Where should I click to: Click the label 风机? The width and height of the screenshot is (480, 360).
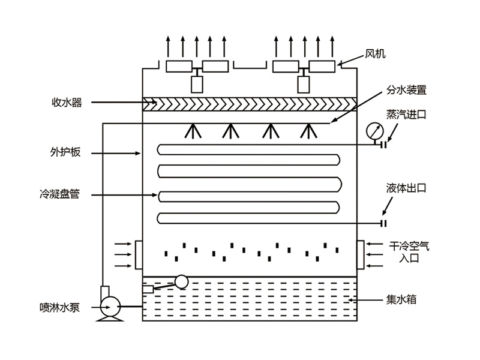point(375,54)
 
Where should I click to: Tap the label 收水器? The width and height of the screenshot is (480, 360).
point(67,103)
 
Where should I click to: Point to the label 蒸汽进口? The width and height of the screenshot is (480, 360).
point(406,115)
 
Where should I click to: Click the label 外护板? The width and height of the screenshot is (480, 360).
point(67,152)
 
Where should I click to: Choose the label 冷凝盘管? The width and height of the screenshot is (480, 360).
point(67,194)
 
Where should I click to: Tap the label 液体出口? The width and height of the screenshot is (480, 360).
point(406,188)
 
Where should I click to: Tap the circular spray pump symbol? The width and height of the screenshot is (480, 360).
point(109,307)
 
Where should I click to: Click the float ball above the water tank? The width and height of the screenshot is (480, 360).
point(180,281)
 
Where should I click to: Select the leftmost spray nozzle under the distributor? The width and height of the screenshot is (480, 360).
point(193,130)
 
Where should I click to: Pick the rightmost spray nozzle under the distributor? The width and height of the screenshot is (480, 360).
point(308,130)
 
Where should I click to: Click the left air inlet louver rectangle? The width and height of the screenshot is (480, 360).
point(139,254)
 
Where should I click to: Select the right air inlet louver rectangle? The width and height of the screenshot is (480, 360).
point(361,254)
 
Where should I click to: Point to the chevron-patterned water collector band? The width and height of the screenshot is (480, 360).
point(249,104)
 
